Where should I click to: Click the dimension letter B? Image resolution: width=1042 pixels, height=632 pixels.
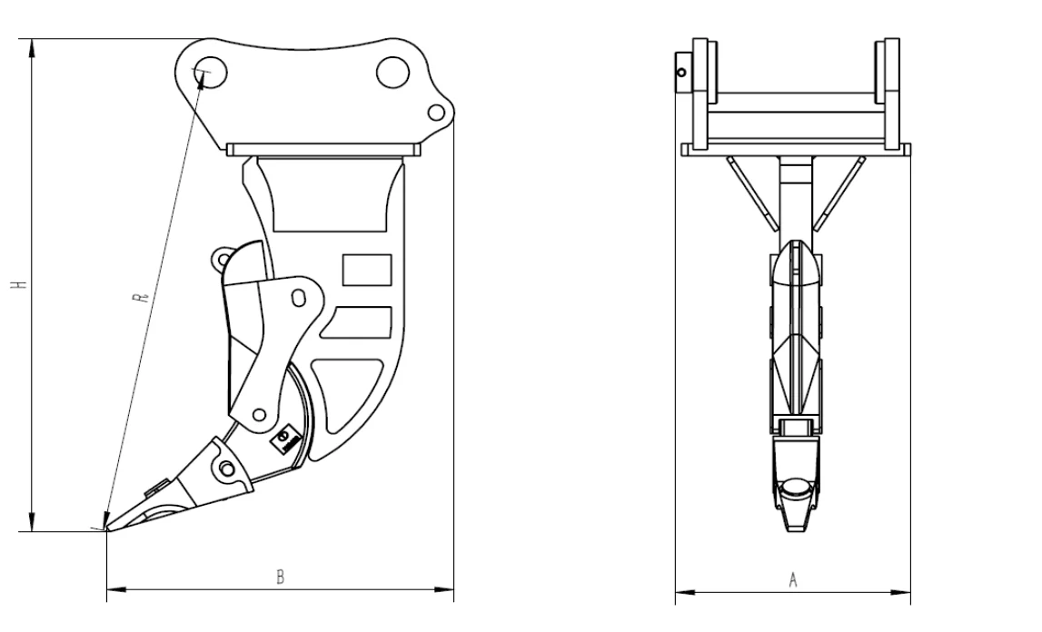tap(281, 578)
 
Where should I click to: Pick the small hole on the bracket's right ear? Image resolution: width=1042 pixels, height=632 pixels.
tap(436, 112)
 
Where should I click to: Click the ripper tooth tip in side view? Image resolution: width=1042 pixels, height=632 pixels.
tap(108, 528)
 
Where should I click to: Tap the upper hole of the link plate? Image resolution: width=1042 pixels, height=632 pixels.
tap(296, 297)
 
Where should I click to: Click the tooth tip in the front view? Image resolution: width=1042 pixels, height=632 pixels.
tap(798, 527)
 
